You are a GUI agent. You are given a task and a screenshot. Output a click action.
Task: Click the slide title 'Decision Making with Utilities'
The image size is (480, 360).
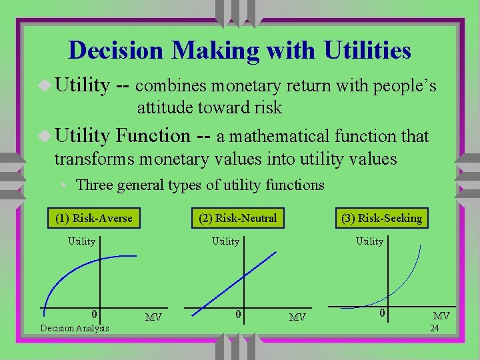239,51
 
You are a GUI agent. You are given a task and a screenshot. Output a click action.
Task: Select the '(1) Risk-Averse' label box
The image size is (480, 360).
93,218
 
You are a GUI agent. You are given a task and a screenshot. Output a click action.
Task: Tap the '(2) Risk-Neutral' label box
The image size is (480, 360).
237,218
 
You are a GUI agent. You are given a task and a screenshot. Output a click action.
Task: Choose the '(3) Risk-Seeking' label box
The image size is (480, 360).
381,218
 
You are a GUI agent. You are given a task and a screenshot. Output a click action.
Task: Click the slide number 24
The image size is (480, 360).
434,328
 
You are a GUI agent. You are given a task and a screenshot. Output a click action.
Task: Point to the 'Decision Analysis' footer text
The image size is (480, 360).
75,328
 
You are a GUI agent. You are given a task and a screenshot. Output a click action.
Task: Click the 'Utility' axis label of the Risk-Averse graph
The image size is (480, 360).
82,241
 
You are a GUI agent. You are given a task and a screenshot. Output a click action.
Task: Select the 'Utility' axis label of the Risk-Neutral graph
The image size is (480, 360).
225,241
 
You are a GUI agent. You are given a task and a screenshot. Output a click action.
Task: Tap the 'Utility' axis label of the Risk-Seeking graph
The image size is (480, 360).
369,241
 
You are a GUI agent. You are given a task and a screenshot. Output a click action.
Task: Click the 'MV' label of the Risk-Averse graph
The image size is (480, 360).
153,317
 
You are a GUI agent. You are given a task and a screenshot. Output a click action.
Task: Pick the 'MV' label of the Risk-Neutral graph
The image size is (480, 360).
297,317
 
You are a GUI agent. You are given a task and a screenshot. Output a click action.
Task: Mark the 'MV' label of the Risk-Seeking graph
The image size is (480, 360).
441,315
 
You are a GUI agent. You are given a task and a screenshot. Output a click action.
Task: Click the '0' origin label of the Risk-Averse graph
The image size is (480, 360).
95,314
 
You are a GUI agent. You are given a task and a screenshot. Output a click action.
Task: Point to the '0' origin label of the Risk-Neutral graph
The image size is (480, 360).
239,314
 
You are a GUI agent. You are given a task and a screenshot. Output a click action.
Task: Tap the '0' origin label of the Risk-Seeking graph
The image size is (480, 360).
383,313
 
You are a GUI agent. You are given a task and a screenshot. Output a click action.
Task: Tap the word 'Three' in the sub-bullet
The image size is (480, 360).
95,185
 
